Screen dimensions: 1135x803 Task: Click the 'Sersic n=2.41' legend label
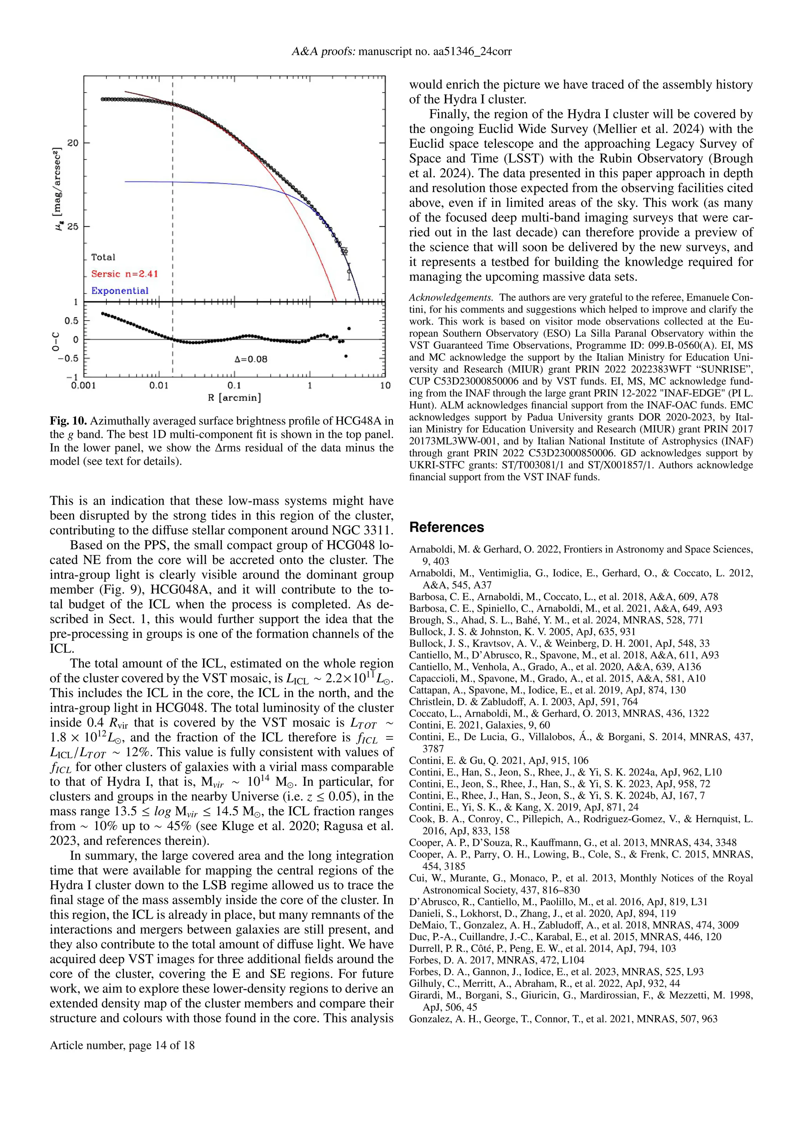click(x=124, y=274)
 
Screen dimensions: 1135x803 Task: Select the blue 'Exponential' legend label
click(x=120, y=291)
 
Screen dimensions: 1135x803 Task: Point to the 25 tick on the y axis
click(x=73, y=227)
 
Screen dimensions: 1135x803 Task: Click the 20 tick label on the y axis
click(x=73, y=143)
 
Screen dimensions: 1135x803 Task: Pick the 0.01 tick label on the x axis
click(x=159, y=386)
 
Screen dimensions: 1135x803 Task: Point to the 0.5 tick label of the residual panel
click(x=72, y=321)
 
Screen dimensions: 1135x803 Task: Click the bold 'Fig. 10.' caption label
click(x=68, y=421)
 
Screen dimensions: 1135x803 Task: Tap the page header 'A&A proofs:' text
click(x=323, y=51)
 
